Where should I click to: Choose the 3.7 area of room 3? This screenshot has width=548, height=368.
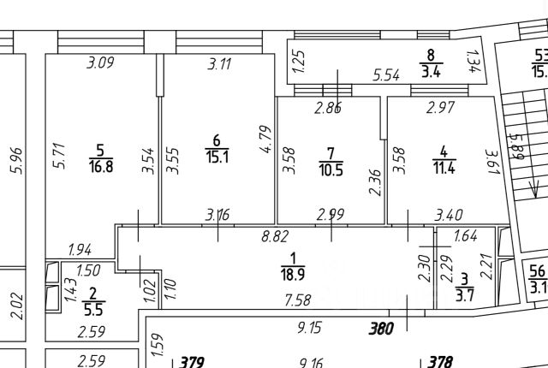click(465, 296)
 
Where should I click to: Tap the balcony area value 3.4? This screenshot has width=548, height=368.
click(430, 71)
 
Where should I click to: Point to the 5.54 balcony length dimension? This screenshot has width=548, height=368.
click(387, 76)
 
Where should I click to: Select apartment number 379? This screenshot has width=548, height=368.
click(191, 362)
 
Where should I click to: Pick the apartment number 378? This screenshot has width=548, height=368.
click(439, 362)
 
